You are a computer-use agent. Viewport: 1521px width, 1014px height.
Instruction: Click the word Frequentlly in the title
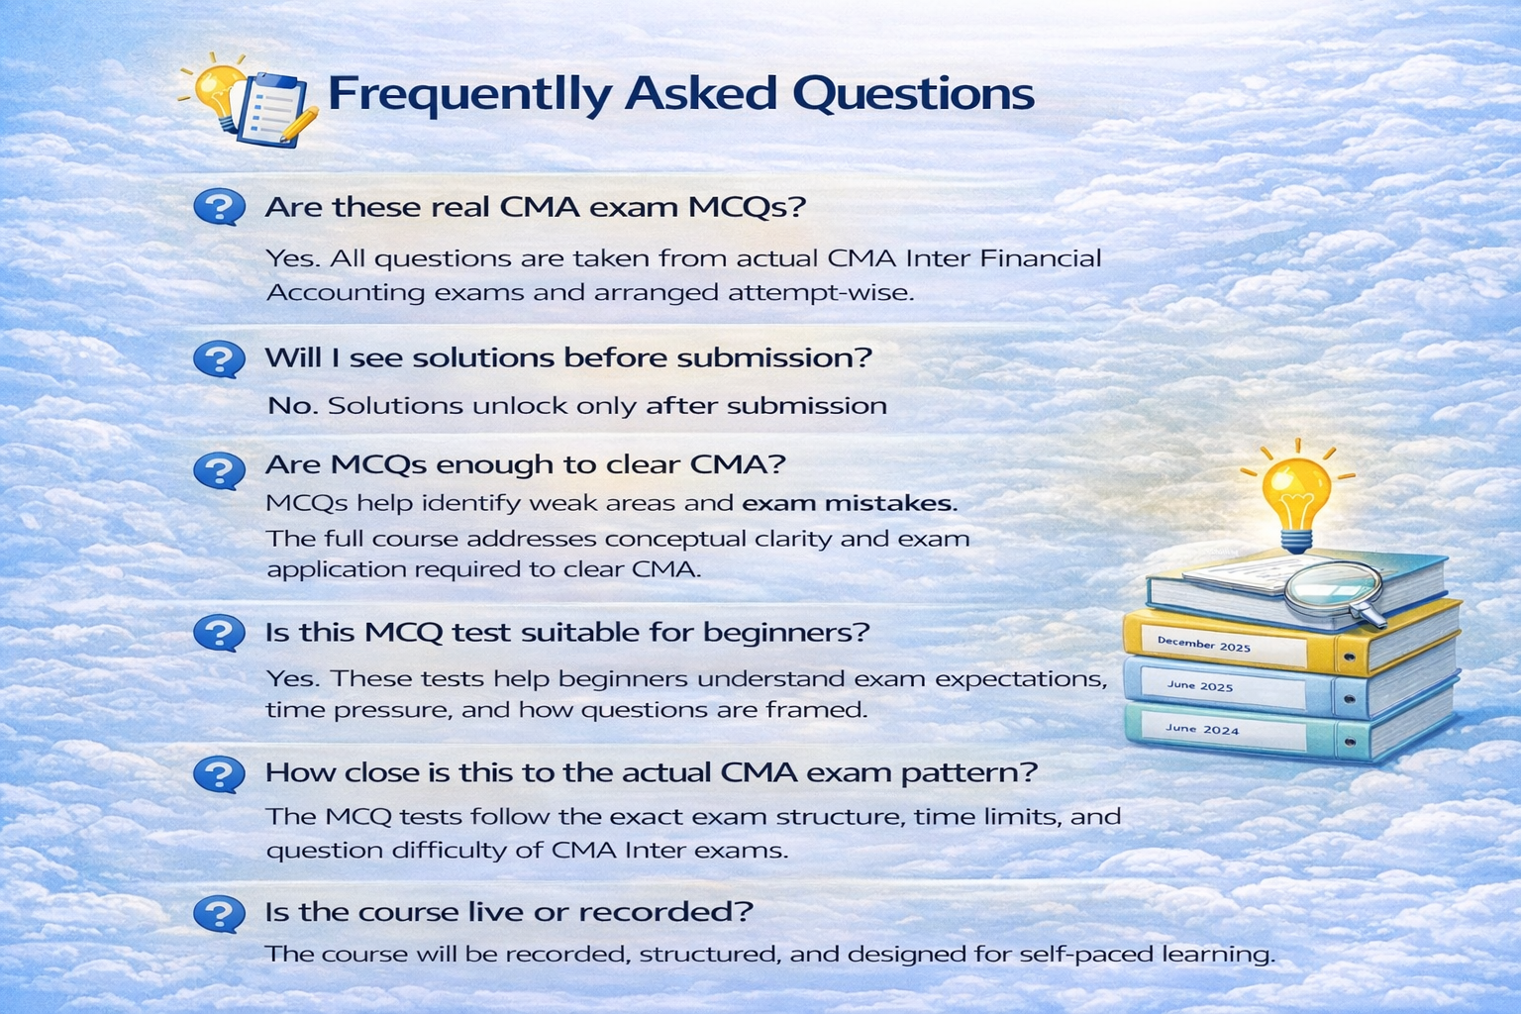470,94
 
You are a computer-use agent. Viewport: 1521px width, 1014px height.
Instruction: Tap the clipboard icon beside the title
270,109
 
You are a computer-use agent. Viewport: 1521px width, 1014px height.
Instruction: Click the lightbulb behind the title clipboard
216,88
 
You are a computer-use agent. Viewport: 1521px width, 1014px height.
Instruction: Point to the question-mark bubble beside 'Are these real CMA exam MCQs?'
219,206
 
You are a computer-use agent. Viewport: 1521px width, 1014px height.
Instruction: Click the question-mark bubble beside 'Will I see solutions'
219,358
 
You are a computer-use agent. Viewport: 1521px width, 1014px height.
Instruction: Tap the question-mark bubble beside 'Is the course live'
219,913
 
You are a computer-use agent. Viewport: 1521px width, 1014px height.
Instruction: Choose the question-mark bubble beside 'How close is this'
219,773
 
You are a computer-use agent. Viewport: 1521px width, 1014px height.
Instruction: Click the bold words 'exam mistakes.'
850,503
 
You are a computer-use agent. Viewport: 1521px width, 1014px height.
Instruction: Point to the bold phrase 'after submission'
766,406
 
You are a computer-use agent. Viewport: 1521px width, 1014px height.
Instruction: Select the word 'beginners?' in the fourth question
786,633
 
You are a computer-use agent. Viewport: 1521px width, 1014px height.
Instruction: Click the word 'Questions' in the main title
914,94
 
